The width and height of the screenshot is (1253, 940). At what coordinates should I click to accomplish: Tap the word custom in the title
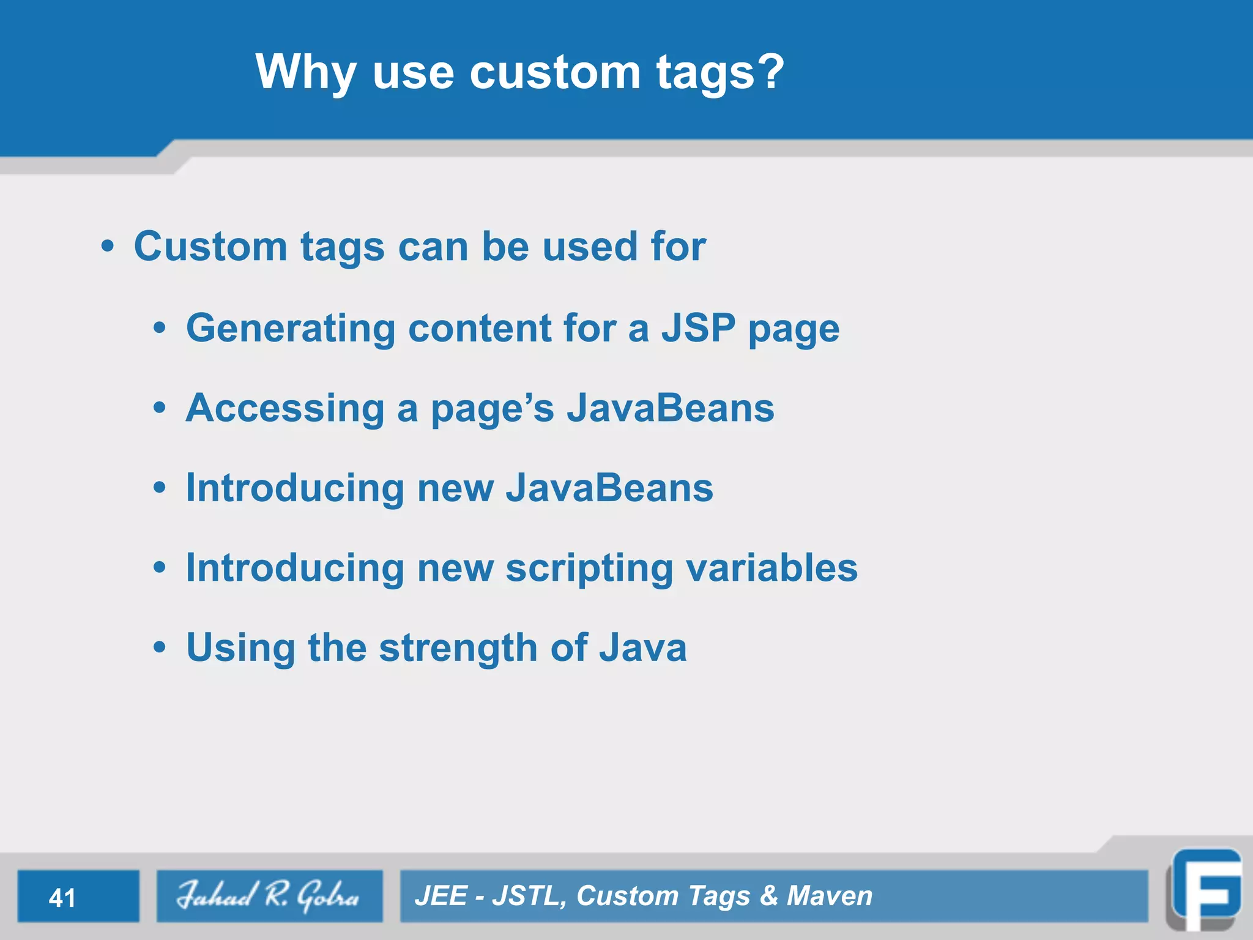click(554, 72)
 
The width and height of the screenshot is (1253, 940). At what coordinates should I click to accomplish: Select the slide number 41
click(62, 898)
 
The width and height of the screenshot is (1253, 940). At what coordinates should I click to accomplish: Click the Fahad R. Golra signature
click(268, 896)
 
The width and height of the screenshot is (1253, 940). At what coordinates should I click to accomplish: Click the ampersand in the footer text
click(768, 896)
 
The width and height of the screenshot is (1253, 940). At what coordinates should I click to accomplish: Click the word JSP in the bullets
click(698, 328)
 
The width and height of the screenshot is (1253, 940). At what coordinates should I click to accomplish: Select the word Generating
click(291, 329)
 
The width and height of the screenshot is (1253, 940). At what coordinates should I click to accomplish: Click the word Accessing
click(284, 409)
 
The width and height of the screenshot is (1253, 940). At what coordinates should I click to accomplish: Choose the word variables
click(772, 568)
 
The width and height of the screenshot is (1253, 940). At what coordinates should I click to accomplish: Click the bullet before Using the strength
click(160, 647)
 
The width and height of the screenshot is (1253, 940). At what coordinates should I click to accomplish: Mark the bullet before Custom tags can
click(108, 247)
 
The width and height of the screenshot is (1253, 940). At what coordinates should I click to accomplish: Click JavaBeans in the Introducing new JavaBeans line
click(609, 488)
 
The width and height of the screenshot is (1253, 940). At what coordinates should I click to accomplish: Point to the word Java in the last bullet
click(642, 647)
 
